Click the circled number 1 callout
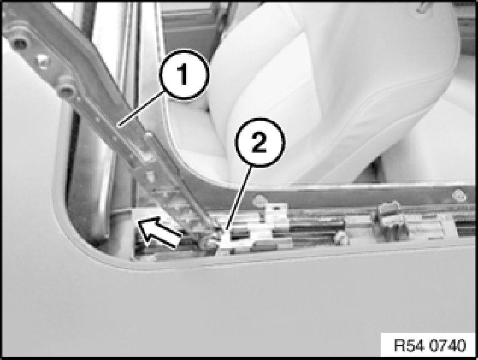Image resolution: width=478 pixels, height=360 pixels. (184, 75)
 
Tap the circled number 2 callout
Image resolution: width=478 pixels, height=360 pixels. (259, 143)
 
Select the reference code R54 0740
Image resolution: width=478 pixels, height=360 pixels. (430, 345)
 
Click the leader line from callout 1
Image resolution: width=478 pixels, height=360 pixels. (141, 109)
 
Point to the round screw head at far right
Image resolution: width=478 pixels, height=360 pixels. (459, 196)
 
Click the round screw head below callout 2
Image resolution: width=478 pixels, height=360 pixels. (259, 200)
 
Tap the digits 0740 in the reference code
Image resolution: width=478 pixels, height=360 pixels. (448, 345)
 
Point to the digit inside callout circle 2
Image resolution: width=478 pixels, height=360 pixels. (259, 143)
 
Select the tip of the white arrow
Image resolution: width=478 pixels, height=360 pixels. (138, 222)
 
